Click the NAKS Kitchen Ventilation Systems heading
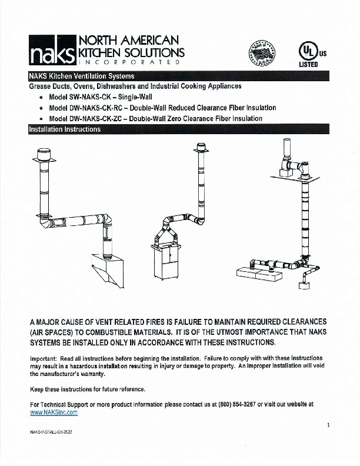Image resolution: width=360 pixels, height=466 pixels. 81,76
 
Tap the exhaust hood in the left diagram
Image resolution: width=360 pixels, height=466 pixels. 109,268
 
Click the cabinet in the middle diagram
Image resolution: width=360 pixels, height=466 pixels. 167,261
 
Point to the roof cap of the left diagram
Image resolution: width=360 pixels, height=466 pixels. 44,154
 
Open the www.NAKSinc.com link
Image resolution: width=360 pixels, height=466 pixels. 54,412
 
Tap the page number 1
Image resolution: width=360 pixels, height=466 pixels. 328,425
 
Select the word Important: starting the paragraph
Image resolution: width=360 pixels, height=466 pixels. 44,358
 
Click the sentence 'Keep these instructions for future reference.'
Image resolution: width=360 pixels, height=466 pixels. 87,390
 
